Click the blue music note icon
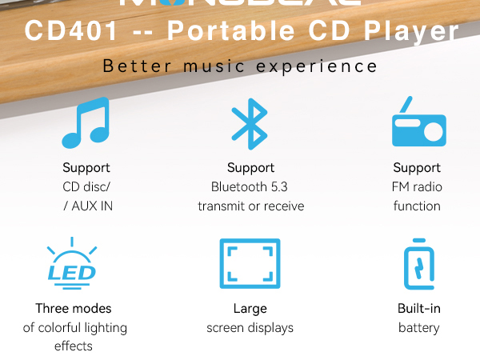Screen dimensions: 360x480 (85, 123)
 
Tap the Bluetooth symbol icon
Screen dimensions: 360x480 (250, 123)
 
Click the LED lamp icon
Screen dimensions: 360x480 (73, 264)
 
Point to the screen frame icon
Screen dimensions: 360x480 (250, 263)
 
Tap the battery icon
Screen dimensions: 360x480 (418, 266)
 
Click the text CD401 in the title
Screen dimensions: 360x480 (70, 32)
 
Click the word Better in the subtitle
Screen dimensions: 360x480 (137, 66)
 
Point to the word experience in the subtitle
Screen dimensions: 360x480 (325, 66)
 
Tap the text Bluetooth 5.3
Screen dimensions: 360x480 (251, 187)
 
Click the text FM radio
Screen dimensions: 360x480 (417, 187)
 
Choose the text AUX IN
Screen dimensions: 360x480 (90, 206)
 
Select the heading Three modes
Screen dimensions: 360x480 (74, 308)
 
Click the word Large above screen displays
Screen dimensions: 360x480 (250, 308)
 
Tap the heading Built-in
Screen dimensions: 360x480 (418, 308)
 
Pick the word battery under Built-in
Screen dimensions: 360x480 (418, 327)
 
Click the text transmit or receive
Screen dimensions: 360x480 (251, 206)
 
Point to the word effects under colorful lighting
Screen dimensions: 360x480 (74, 346)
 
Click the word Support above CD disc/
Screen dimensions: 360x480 (86, 168)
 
